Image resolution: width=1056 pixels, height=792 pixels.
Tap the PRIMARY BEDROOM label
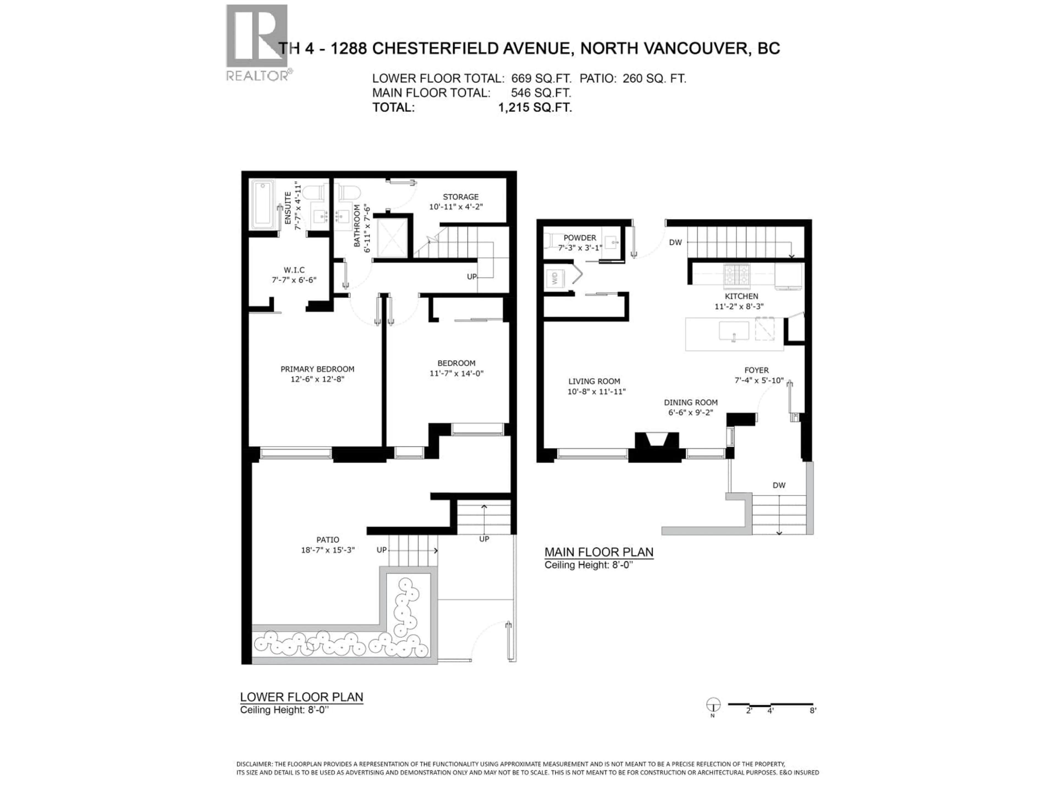[x=317, y=369]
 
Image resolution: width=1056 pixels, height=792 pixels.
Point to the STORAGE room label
[x=460, y=197]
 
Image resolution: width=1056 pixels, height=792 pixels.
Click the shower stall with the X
[x=392, y=237]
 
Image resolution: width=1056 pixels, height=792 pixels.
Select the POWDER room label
[x=579, y=238]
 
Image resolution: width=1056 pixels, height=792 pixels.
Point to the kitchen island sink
[x=734, y=330]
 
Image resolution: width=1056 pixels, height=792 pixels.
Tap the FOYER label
[x=756, y=370]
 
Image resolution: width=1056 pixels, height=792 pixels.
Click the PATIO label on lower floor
[x=328, y=540]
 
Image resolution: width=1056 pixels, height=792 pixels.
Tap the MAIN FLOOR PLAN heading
[x=599, y=552]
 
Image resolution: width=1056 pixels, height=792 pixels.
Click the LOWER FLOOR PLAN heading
[x=301, y=697]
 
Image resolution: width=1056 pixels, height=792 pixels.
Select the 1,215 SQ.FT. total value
[x=535, y=108]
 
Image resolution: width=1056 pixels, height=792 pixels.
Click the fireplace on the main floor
[x=656, y=442]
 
